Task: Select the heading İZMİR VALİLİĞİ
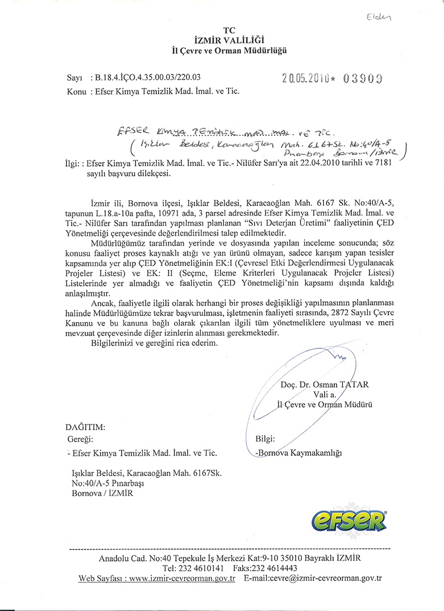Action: click(230, 40)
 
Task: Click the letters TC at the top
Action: click(229, 30)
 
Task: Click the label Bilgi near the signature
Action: click(265, 439)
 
